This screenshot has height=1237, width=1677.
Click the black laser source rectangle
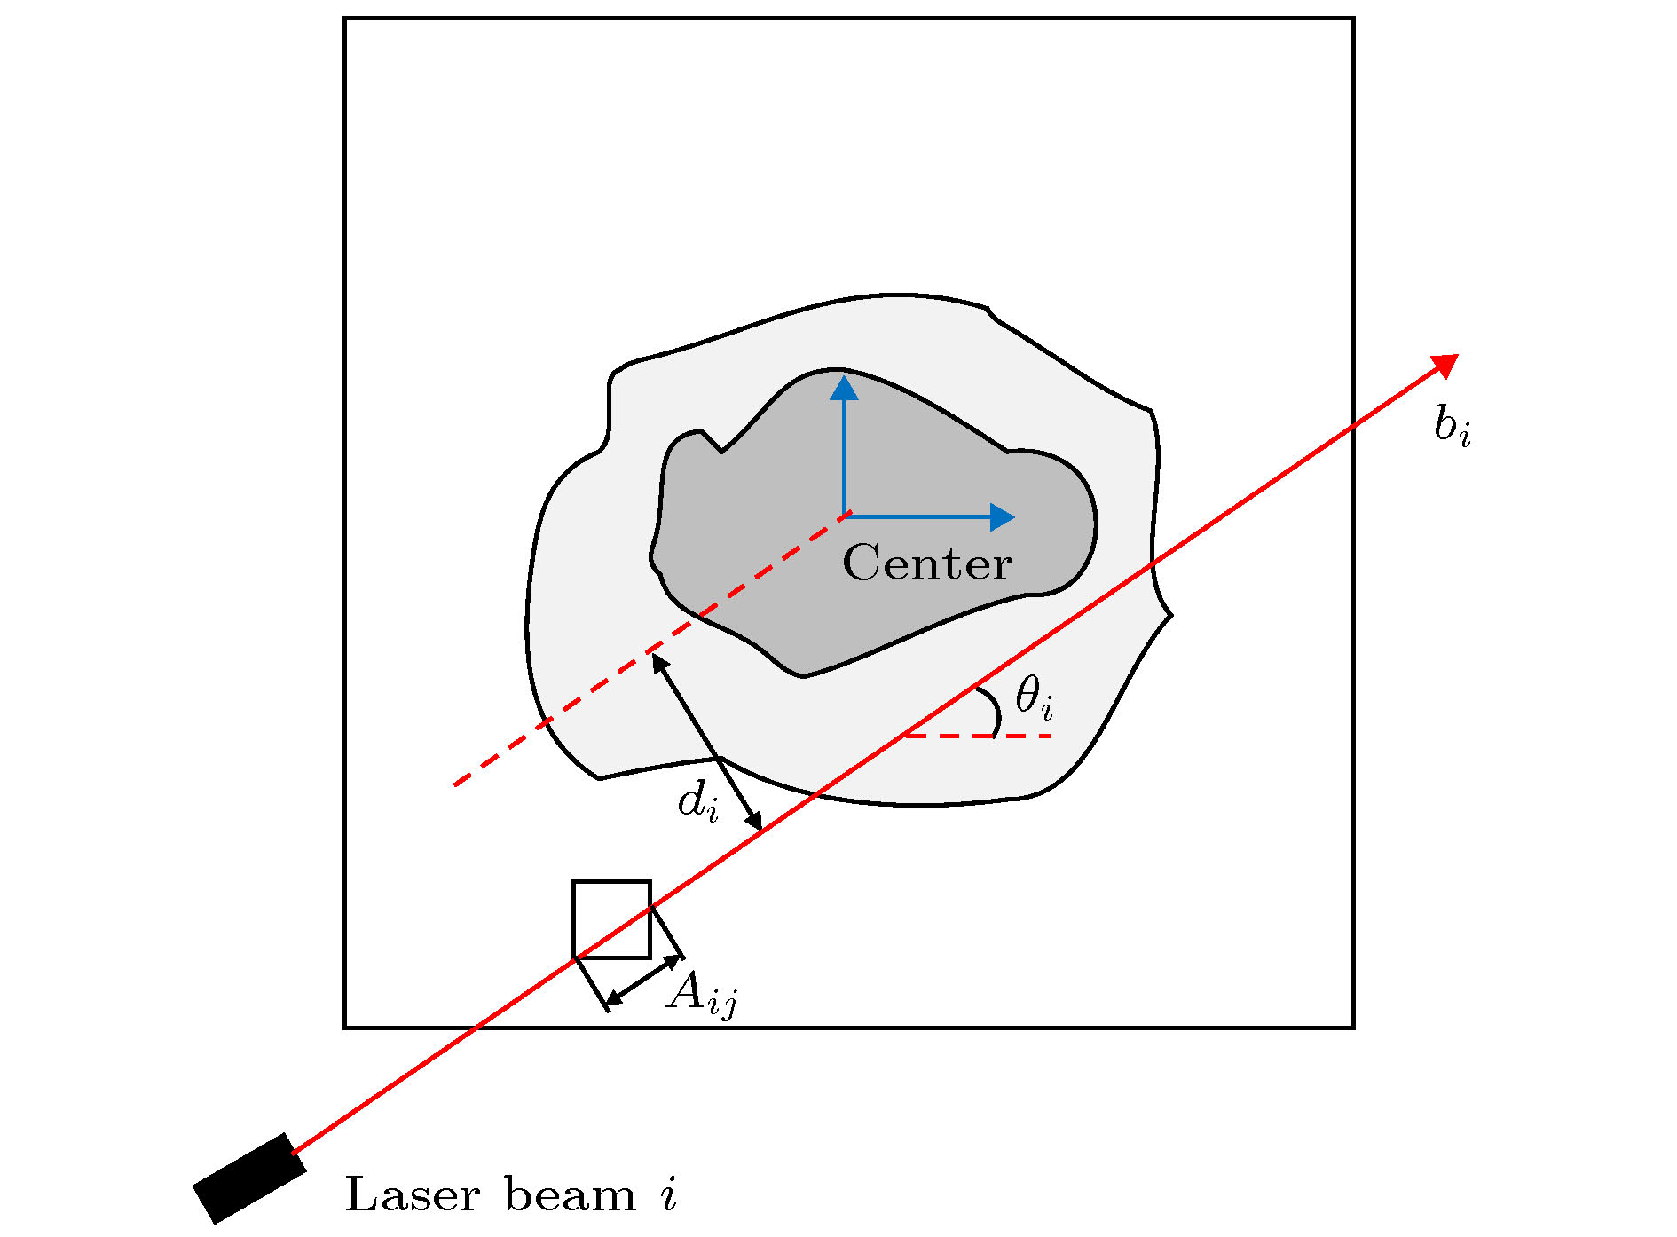[x=249, y=1178]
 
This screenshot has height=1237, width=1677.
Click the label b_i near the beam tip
[x=1452, y=428]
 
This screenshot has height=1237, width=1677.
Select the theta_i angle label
[x=1034, y=697]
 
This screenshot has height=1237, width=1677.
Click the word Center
[x=927, y=563]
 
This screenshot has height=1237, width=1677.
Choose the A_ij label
[x=702, y=994]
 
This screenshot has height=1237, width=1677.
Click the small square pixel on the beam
[x=611, y=919]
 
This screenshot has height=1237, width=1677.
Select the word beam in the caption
[x=571, y=1194]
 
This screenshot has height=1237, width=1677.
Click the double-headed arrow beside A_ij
[x=644, y=981]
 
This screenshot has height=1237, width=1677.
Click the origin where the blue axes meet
[x=845, y=516]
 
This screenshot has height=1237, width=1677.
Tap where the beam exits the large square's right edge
[x=1353, y=428]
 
